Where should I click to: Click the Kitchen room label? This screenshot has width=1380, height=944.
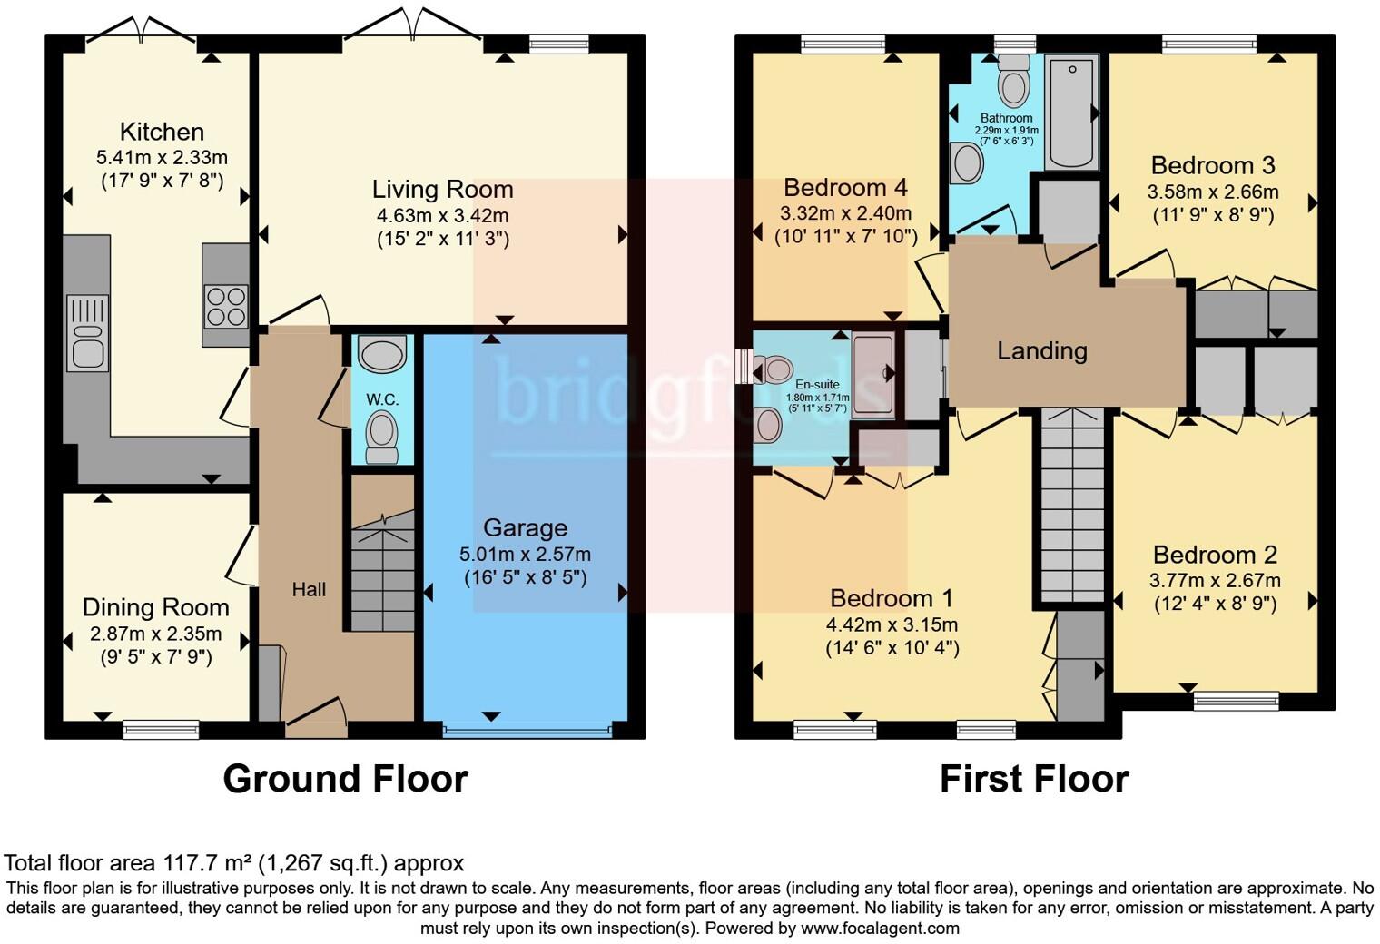162,132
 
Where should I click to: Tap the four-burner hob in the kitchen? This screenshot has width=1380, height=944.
226,306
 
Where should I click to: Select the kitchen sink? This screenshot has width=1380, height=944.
88,332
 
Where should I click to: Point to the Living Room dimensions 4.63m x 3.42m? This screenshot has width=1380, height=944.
442,216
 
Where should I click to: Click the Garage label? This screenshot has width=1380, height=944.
525,527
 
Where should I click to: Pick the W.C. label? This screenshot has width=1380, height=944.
382,399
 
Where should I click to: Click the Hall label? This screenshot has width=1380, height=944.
309,590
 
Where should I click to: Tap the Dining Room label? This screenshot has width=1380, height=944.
155,607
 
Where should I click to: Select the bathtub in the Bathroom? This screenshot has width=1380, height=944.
1071,112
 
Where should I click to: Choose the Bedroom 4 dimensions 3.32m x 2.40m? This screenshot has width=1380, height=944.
845,213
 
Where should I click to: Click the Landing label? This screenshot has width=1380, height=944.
1041,350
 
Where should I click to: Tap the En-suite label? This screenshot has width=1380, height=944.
817,385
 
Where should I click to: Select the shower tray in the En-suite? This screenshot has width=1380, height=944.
872,375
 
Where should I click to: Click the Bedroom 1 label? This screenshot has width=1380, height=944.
891,598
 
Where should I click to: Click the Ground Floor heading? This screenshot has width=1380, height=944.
345,779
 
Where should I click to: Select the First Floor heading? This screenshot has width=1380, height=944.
1033,779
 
